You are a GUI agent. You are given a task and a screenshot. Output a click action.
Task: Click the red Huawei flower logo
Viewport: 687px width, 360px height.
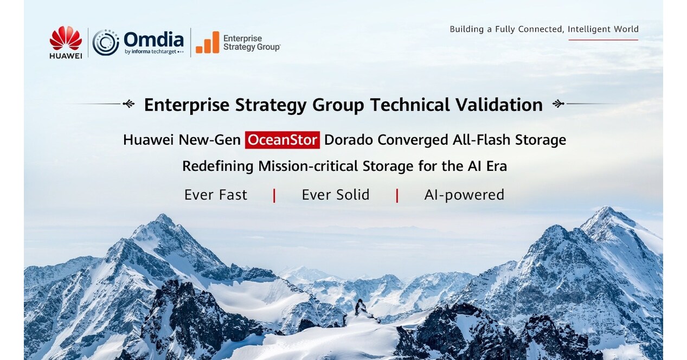click(x=66, y=38)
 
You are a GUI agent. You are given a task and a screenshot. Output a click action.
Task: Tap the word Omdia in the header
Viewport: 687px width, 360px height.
click(x=153, y=40)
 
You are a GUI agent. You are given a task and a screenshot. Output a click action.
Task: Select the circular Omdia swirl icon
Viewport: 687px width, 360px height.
click(x=106, y=43)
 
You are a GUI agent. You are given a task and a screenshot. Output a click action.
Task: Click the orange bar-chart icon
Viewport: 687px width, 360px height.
click(x=208, y=42)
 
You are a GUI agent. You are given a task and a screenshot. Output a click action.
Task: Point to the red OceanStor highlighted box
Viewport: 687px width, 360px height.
click(x=282, y=140)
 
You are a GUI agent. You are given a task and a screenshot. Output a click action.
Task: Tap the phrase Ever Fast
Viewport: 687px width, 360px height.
click(x=216, y=195)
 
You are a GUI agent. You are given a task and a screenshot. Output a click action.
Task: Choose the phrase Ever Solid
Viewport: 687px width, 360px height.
click(x=336, y=195)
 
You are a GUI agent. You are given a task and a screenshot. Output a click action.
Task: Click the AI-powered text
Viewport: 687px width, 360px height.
click(x=464, y=195)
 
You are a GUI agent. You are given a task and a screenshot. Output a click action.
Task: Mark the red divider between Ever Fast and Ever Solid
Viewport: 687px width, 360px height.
click(x=274, y=196)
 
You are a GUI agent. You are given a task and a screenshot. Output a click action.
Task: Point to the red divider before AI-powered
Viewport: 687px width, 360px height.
click(x=397, y=196)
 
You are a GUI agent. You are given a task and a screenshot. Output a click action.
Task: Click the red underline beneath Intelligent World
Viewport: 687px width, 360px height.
click(x=603, y=40)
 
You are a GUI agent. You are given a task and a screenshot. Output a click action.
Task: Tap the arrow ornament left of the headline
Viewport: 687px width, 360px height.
click(x=129, y=104)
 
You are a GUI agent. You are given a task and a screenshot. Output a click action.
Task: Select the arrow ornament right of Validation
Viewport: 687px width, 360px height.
click(x=558, y=104)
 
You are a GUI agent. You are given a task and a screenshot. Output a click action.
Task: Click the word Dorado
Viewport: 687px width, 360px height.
click(x=349, y=140)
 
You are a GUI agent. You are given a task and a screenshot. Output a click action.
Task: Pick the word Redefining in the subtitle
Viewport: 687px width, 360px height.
click(x=218, y=166)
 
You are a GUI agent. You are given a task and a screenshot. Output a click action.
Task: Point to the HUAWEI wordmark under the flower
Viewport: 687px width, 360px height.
click(x=66, y=55)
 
